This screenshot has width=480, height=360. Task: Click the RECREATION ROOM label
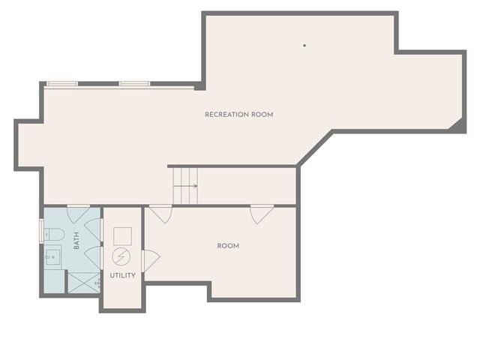[x=238, y=115]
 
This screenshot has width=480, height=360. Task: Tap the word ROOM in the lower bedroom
[x=228, y=246]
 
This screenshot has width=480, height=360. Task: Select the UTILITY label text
[x=122, y=275]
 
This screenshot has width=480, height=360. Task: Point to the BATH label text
[x=76, y=241]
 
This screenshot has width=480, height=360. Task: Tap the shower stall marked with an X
[x=82, y=281]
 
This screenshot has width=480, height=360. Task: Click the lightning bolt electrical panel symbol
[x=121, y=256]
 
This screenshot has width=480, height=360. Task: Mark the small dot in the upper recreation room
[x=304, y=46]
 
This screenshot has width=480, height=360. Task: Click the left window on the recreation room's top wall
[x=62, y=84]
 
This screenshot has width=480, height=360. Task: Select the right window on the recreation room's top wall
[x=134, y=84]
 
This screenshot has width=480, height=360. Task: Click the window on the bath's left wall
[x=41, y=231]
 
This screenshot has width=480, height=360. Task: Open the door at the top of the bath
[x=79, y=212]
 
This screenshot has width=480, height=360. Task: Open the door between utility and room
[x=149, y=260]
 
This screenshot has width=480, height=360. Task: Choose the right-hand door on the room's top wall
[x=262, y=213]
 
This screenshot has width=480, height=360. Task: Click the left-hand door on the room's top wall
[x=160, y=213]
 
